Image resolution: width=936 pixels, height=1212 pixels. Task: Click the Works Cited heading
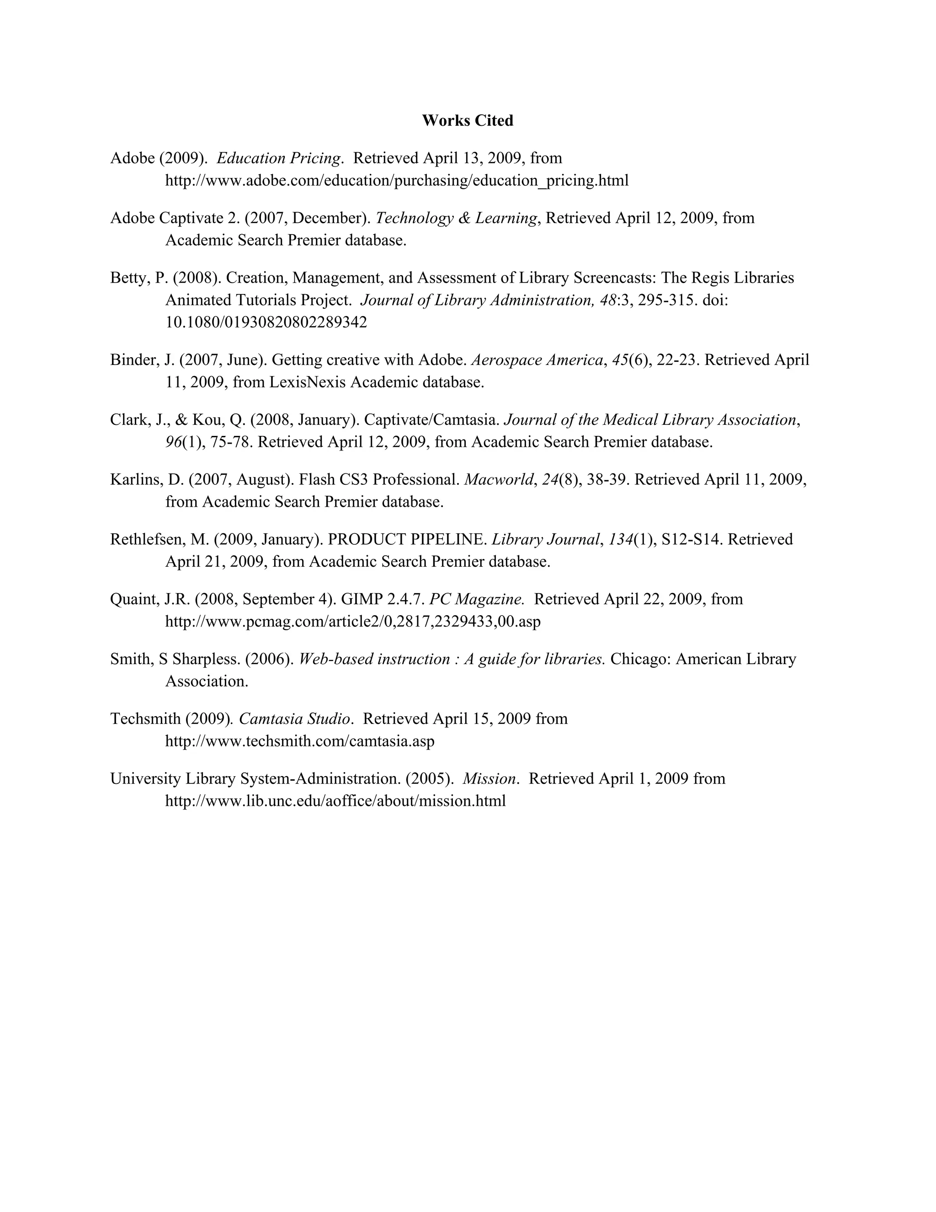468,120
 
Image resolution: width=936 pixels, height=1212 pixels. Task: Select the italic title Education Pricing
279,158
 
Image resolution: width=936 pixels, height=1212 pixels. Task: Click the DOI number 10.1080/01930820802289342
266,322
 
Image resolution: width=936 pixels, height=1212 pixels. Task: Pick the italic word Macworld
499,479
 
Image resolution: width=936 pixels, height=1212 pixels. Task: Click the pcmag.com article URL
353,622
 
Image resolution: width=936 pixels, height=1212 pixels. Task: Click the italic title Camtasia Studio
294,719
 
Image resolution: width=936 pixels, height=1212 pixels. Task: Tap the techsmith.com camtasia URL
299,741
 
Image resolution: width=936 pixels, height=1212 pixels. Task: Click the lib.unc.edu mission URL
335,801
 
